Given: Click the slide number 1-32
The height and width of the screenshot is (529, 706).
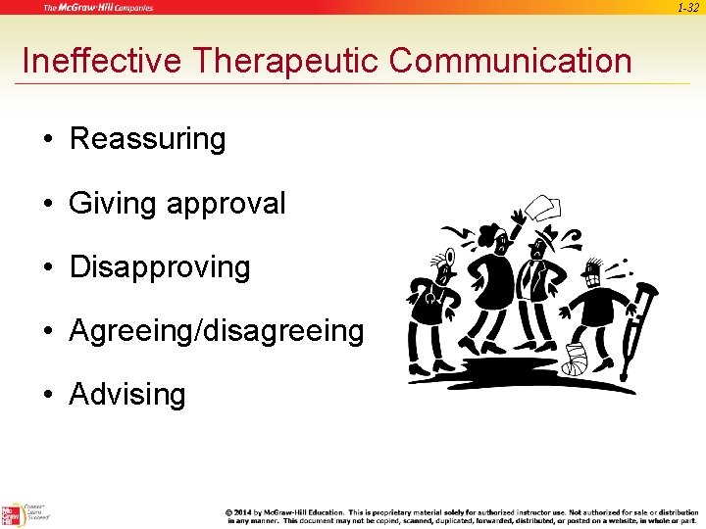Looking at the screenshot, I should click(x=686, y=7).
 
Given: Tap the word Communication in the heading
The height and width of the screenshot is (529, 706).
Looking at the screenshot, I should click(x=510, y=61).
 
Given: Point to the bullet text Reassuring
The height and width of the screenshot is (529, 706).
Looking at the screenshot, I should click(x=147, y=139).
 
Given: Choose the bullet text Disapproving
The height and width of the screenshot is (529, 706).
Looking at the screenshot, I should click(x=160, y=267).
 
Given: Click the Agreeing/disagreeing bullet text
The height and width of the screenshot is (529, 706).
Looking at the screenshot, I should click(x=216, y=331).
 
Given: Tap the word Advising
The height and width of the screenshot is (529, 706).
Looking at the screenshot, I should click(x=127, y=395).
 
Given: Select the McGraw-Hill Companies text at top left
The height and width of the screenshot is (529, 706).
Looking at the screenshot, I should click(x=98, y=8).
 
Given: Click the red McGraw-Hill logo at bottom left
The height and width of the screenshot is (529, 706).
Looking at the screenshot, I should click(x=12, y=514).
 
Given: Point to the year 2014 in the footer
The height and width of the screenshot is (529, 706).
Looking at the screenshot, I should click(x=246, y=512).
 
